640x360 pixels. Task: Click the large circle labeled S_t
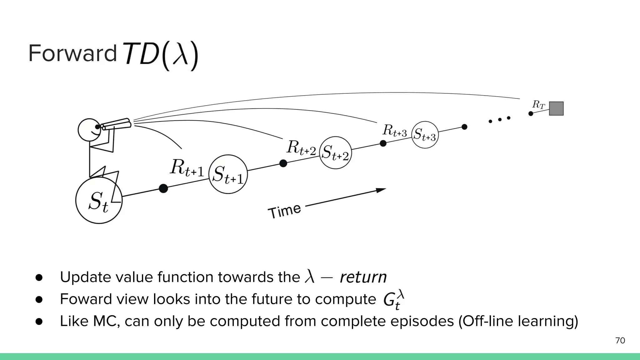click(99, 200)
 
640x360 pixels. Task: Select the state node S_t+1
click(228, 174)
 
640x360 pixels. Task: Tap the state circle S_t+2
click(335, 153)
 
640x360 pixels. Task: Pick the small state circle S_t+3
click(425, 135)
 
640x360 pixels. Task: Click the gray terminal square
click(556, 108)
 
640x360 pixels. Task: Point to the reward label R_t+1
click(187, 168)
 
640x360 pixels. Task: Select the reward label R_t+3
click(394, 130)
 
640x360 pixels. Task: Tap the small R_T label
click(538, 104)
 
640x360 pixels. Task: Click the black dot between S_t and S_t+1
click(163, 188)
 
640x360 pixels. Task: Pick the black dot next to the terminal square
click(531, 113)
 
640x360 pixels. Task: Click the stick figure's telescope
click(116, 124)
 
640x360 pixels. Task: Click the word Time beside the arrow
click(284, 211)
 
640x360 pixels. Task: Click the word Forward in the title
click(72, 53)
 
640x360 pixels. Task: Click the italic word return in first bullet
click(363, 277)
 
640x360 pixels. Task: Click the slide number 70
click(620, 341)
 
